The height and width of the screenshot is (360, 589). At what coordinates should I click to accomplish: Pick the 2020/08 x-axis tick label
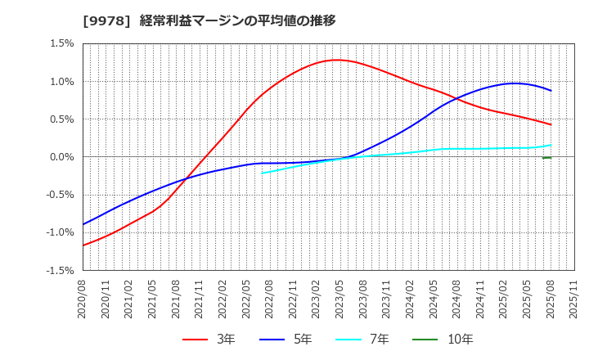tap(83, 300)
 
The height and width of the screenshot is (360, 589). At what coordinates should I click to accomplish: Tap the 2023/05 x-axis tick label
tap(340, 300)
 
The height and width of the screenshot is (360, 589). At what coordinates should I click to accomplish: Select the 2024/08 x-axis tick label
tap(457, 300)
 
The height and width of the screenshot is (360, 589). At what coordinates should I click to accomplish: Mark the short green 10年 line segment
tap(546, 157)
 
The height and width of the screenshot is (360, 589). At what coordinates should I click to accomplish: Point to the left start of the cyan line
tap(262, 173)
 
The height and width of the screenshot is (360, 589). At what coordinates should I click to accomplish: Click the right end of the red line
tap(551, 124)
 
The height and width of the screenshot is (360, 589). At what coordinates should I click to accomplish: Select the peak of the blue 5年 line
tap(515, 83)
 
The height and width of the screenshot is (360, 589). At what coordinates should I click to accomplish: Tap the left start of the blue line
tap(83, 224)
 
